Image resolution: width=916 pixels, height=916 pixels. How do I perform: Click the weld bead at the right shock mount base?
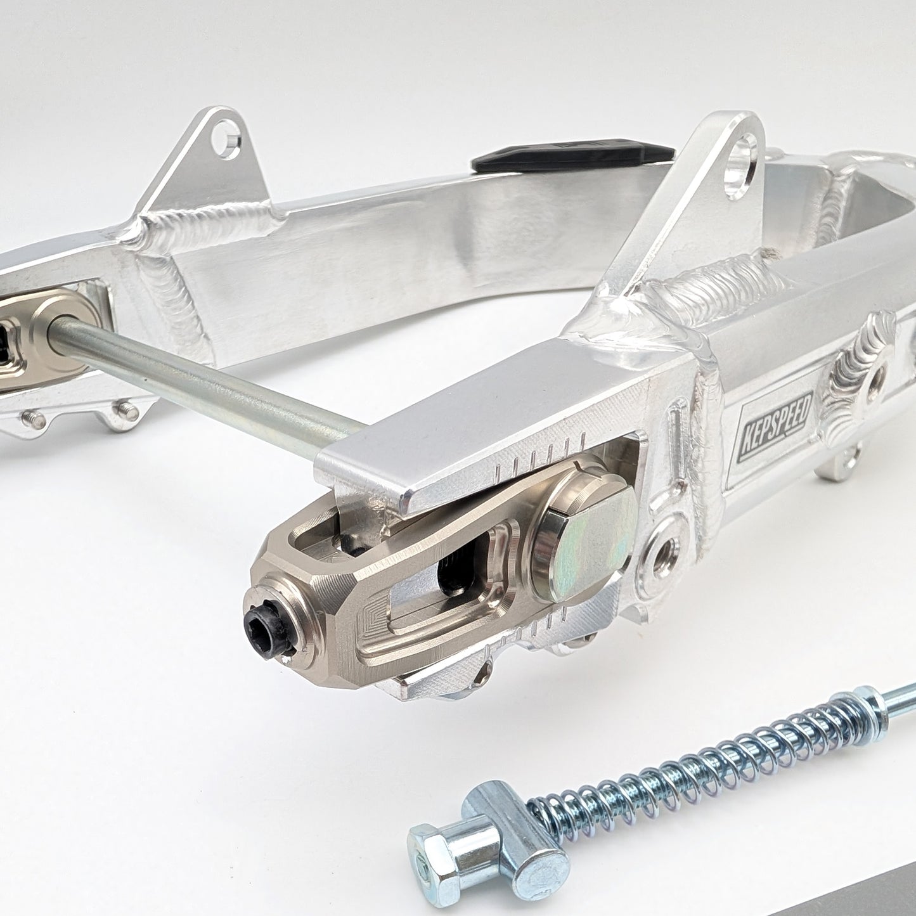pyautogui.click(x=697, y=288)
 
